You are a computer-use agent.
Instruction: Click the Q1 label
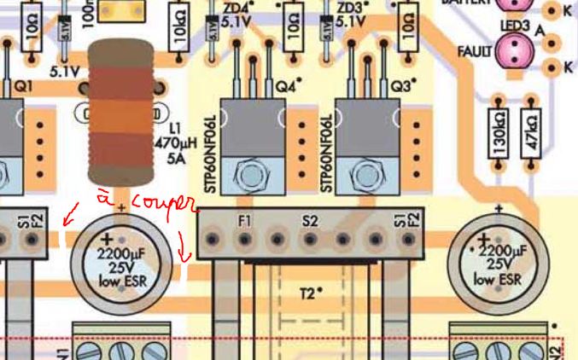point(23,86)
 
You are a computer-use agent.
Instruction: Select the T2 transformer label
point(307,293)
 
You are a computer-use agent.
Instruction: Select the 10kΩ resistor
point(180,32)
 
